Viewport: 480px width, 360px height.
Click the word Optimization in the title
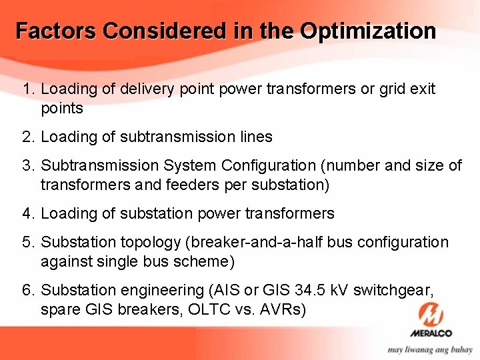tap(368, 31)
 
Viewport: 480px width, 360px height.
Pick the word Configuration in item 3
tap(269, 165)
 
